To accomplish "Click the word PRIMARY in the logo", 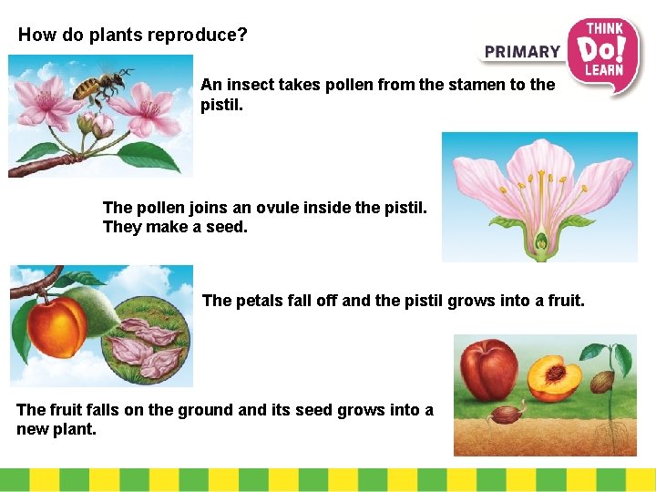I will [522, 52].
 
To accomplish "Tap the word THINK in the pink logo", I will [604, 28].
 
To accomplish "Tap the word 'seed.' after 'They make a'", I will [227, 227].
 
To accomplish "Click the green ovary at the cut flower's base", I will [541, 244].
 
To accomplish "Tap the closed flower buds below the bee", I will [93, 124].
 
